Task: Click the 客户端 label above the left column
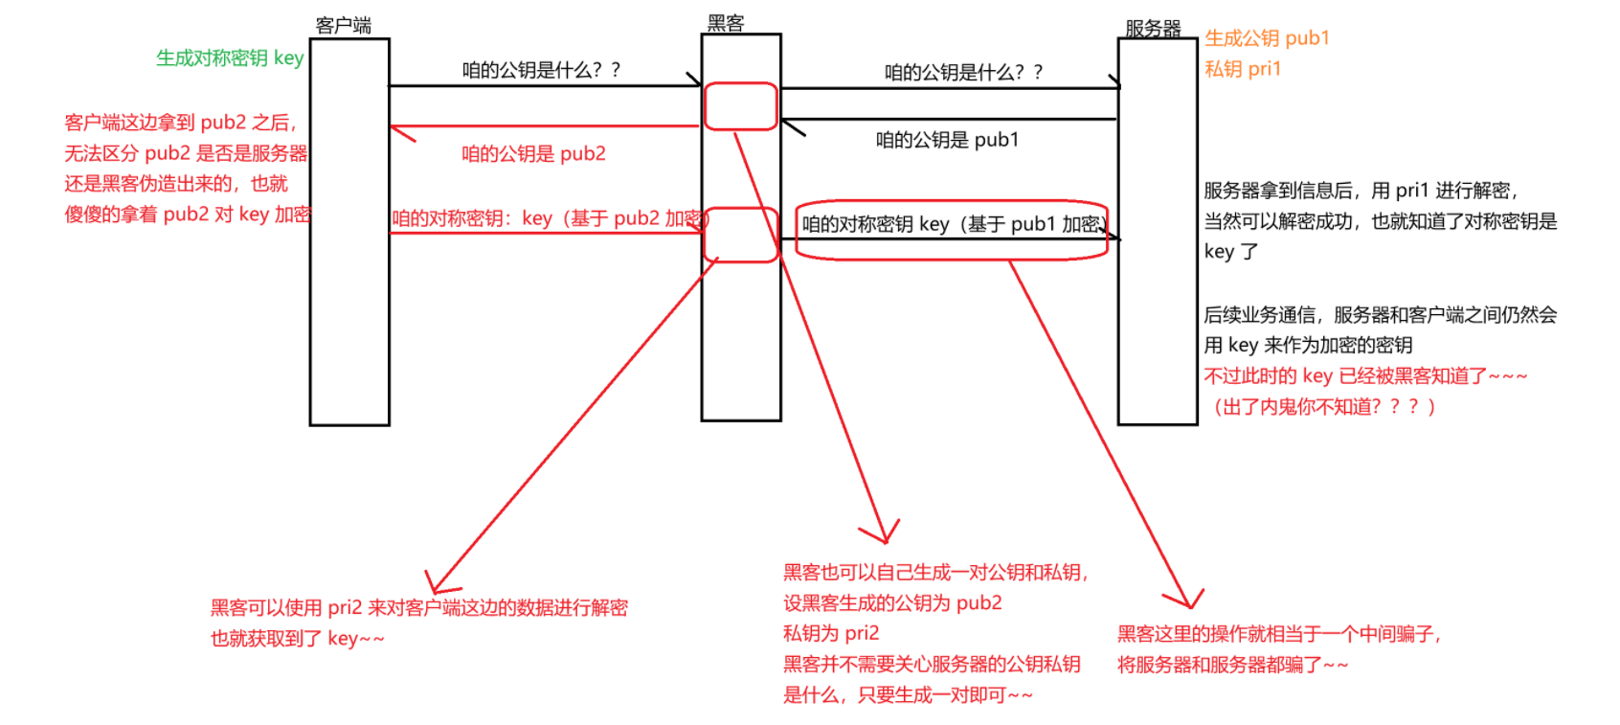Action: tap(343, 25)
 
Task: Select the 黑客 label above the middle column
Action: tap(725, 23)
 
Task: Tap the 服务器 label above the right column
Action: tap(1153, 28)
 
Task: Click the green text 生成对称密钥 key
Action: tap(230, 57)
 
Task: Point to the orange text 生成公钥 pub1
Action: tap(1267, 38)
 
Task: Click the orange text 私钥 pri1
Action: tap(1242, 69)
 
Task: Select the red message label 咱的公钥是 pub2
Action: tap(533, 154)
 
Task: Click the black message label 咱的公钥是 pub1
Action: tap(947, 140)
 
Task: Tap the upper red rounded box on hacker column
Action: tap(740, 106)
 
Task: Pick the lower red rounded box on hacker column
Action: tap(740, 236)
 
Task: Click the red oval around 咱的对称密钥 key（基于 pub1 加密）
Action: tap(952, 230)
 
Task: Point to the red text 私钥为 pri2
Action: tap(831, 633)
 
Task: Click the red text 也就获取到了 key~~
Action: tap(297, 639)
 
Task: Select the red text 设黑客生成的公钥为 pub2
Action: tap(892, 603)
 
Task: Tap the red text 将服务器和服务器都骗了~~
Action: tap(1232, 665)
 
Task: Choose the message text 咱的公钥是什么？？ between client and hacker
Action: tap(541, 70)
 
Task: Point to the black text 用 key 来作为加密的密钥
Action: tap(1308, 346)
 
